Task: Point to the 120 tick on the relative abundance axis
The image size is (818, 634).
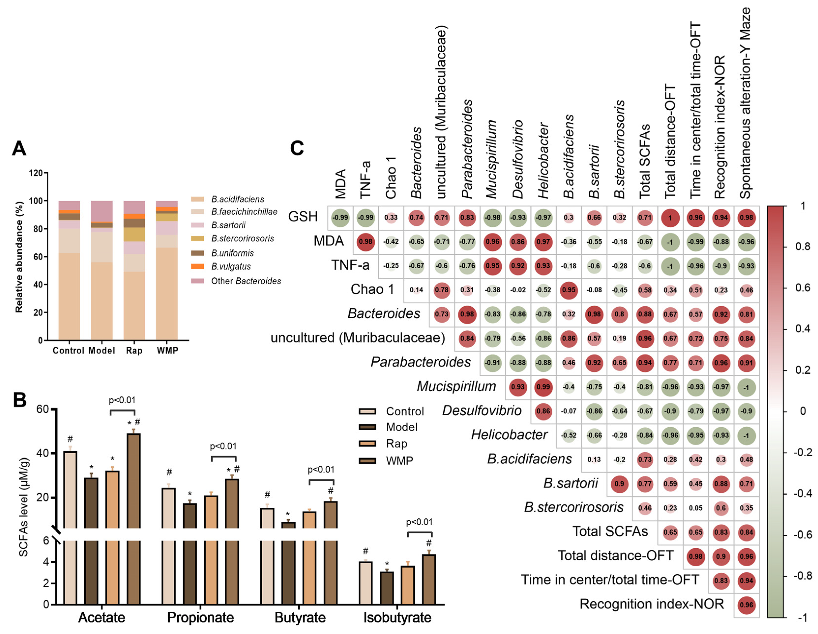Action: (x=36, y=173)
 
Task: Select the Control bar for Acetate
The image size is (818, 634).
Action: (x=70, y=525)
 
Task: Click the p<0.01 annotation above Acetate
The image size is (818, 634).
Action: (x=122, y=400)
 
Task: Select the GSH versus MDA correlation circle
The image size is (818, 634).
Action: (x=340, y=218)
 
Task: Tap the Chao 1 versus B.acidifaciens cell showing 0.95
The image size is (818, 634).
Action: (x=569, y=290)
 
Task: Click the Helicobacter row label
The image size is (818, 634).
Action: (x=509, y=435)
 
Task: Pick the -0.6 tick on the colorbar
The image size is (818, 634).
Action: (x=802, y=534)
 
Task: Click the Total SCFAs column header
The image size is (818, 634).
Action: (x=644, y=161)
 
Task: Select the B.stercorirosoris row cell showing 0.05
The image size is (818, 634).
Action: (x=696, y=508)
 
